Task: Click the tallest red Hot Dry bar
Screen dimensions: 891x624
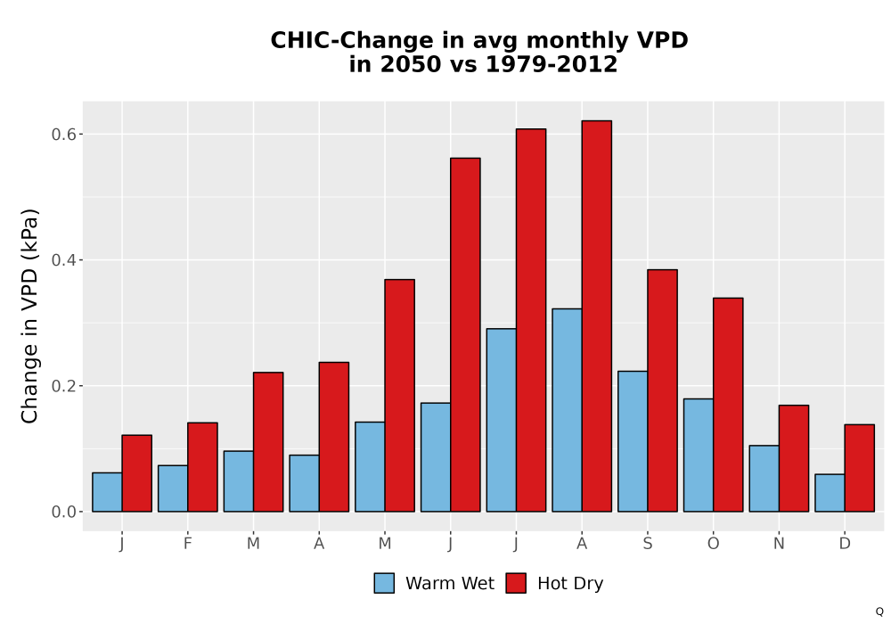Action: point(597,316)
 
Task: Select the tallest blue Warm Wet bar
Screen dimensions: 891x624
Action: point(567,410)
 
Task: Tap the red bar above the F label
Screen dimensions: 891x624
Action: point(202,467)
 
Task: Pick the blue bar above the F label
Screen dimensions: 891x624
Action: point(173,489)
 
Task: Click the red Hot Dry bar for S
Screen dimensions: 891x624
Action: point(663,390)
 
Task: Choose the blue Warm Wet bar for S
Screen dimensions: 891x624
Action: point(633,441)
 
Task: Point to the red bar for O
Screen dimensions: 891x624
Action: point(728,405)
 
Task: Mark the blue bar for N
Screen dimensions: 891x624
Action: point(764,479)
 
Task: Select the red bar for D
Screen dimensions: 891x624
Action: point(859,468)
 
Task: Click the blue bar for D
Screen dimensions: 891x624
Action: point(830,493)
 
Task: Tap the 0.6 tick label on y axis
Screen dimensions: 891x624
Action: point(63,134)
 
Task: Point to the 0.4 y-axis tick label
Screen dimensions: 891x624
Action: point(63,260)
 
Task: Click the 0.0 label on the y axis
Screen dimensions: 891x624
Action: point(63,512)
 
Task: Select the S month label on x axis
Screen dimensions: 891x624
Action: point(648,544)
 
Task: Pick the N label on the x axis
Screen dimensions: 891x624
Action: point(779,544)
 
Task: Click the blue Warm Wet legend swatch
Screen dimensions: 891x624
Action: point(384,583)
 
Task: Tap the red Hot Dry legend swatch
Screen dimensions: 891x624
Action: point(516,583)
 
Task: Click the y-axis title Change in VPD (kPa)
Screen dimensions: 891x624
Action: point(29,316)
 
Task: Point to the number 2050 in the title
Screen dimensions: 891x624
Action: point(409,64)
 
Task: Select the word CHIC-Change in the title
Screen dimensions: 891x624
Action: point(352,40)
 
